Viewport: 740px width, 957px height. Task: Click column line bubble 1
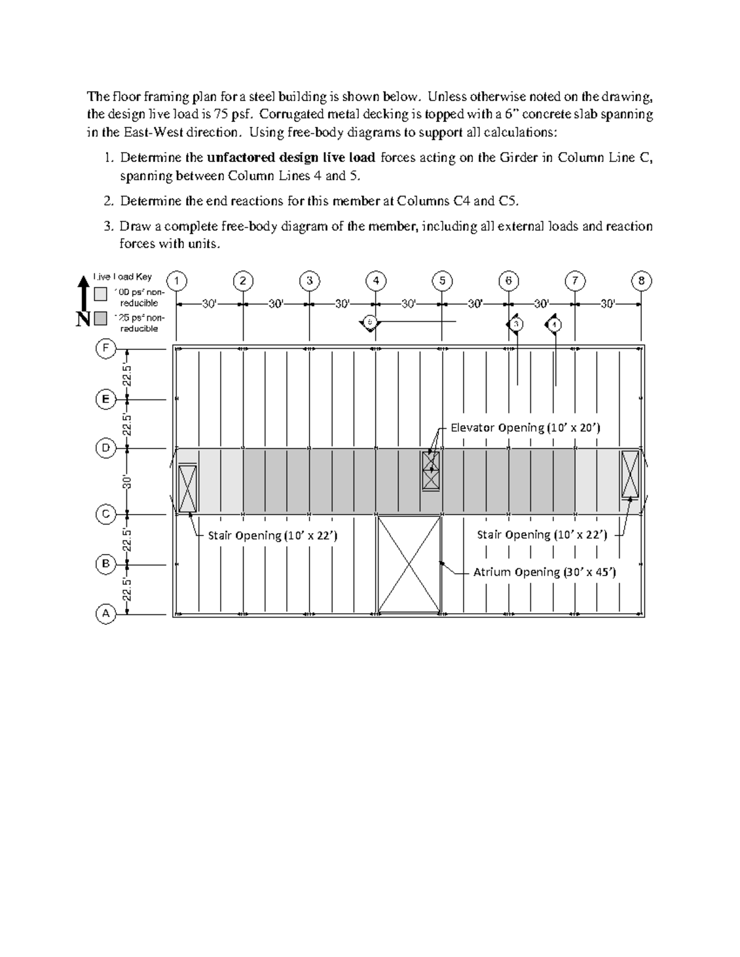(177, 281)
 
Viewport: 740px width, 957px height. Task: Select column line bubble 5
(442, 281)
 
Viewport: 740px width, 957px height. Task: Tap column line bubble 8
(641, 281)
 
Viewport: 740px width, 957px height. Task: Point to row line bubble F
(105, 349)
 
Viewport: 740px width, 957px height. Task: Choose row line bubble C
(105, 514)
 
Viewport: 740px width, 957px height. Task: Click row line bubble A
(105, 614)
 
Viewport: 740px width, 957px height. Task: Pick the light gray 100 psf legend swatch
(101, 294)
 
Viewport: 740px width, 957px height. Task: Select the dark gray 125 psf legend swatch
(101, 319)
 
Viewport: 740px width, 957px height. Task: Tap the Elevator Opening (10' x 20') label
(525, 428)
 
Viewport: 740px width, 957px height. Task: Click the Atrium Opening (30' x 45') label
(545, 572)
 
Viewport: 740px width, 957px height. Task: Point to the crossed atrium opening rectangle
(409, 564)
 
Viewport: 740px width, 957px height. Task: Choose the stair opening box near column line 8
(630, 474)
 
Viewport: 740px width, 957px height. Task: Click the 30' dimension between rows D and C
(127, 481)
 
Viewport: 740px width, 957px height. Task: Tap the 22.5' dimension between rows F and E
(127, 374)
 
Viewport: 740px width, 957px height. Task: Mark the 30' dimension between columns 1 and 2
(210, 304)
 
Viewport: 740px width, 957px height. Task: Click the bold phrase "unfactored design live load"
(292, 158)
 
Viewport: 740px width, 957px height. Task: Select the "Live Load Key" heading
(122, 277)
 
